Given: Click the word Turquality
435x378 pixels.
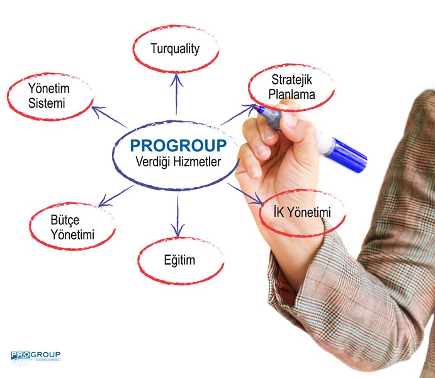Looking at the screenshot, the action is click(175, 49).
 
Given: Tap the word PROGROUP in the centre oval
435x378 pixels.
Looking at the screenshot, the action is click(178, 146).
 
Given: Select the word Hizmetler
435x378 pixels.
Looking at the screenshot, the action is click(197, 161).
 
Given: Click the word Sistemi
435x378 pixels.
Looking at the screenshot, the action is click(47, 103).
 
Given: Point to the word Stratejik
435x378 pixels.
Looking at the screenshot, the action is click(291, 80).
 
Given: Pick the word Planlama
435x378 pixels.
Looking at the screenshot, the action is click(291, 94).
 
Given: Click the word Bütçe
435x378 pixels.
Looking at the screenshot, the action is click(65, 220).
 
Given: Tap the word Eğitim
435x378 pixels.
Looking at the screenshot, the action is click(179, 260).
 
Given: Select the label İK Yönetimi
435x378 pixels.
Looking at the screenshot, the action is click(302, 212).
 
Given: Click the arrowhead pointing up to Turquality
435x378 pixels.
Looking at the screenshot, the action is click(176, 80).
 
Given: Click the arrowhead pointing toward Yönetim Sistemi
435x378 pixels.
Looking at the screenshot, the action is click(97, 110).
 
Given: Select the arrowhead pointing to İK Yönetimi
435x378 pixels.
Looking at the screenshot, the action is click(257, 200).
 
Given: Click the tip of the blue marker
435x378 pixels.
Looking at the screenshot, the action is click(256, 107).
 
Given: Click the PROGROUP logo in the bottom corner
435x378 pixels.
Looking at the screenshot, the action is click(35, 357).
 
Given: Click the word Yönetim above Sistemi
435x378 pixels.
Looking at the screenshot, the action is click(49, 89).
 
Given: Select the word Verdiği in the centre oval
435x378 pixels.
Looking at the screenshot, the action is click(152, 162).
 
